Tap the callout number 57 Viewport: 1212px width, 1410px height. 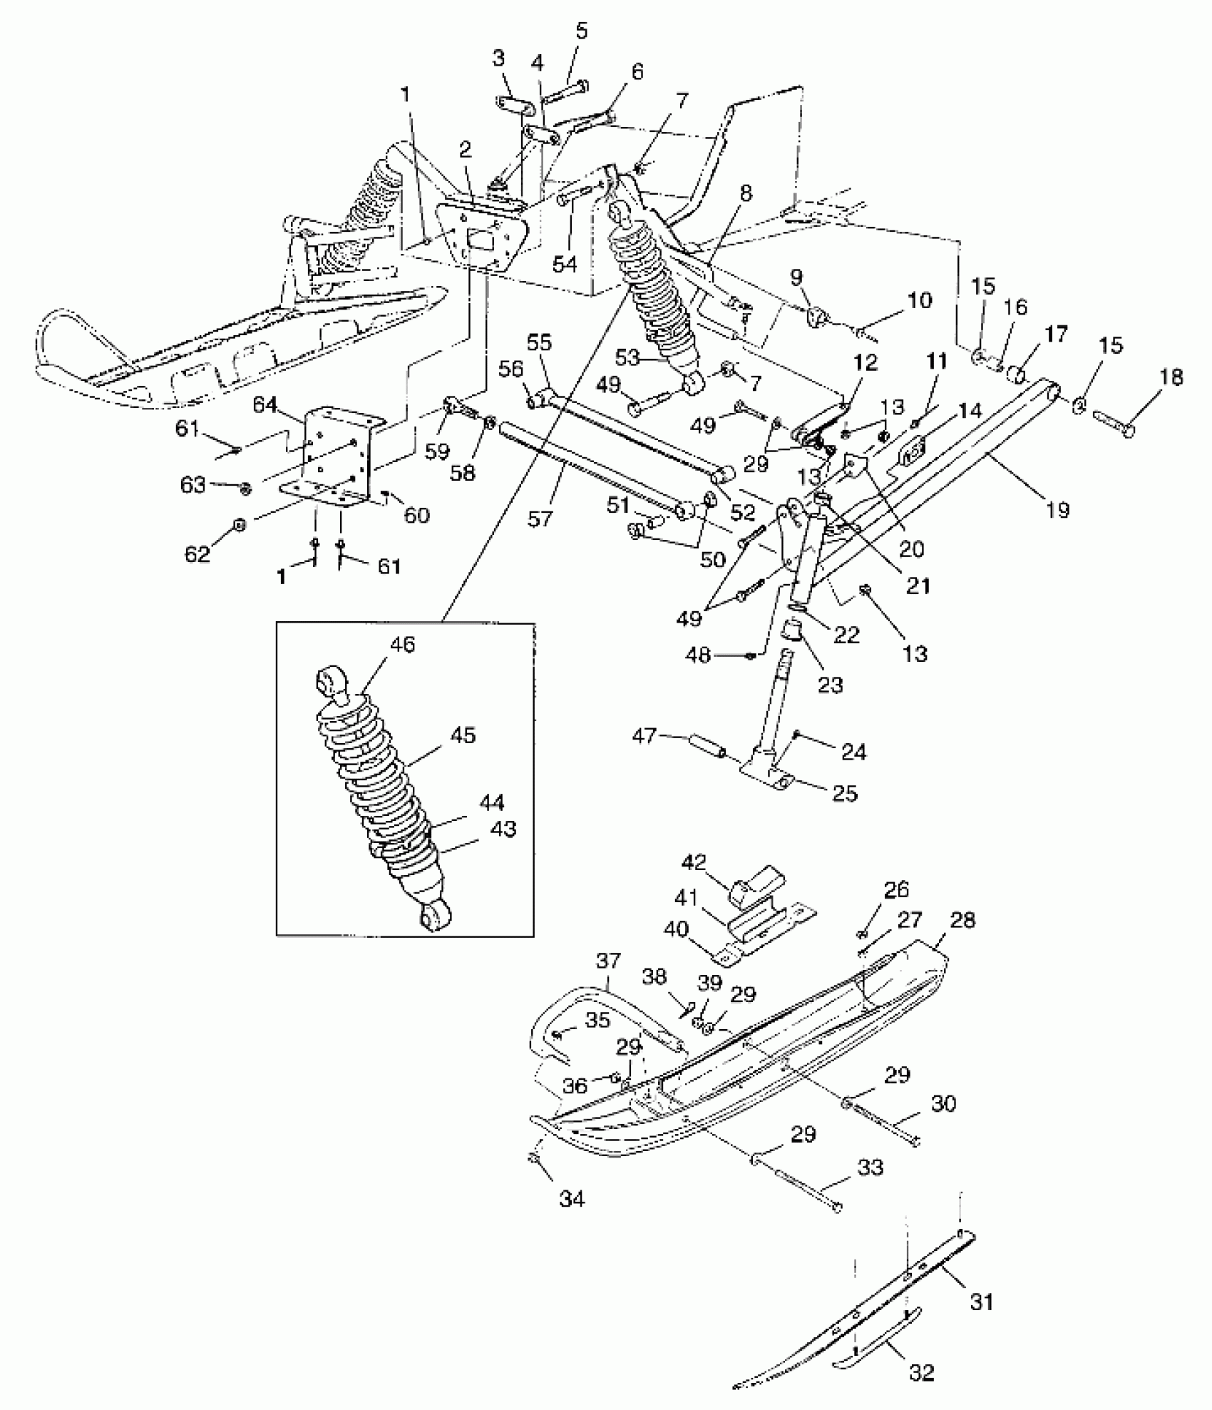540,517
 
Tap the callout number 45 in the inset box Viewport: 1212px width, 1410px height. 463,735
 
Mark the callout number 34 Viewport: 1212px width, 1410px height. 572,1199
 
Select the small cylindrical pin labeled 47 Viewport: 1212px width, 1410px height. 705,750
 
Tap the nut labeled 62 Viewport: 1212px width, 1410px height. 240,526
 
